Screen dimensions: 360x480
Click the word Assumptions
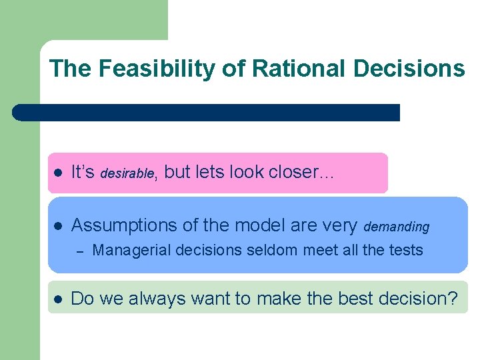124,226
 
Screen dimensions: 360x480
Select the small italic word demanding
397,227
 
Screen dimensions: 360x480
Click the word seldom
263,251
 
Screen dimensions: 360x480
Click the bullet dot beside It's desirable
57,173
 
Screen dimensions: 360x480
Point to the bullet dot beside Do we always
57,299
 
